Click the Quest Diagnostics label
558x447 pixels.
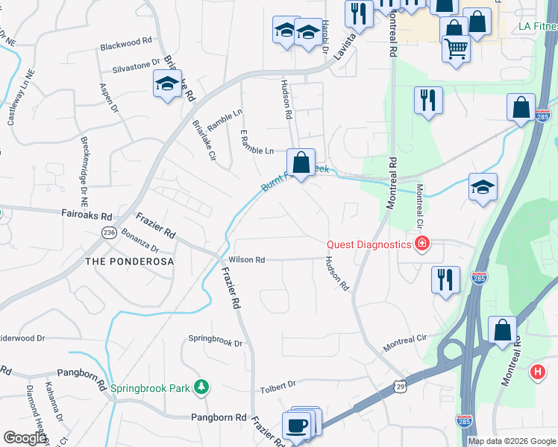click(x=369, y=244)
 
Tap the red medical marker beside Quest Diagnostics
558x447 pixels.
click(x=422, y=244)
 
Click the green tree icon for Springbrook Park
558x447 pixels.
click(x=201, y=387)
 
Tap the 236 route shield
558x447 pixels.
click(x=109, y=233)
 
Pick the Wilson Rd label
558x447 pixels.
click(x=247, y=260)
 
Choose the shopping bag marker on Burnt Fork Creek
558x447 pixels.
click(x=301, y=162)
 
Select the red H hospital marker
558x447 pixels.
click(x=537, y=371)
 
